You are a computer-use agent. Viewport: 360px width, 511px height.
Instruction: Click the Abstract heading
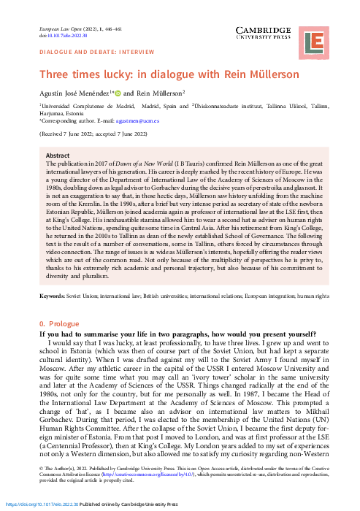[x=58, y=155]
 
